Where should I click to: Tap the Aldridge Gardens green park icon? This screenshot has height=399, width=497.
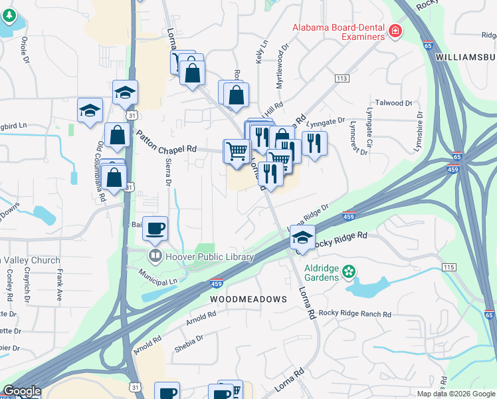coord(349,272)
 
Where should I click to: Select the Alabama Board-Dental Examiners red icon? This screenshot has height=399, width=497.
coord(395,31)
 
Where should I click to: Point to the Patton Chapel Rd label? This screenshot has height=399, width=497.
coord(167,141)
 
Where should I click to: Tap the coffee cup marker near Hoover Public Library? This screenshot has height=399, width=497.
coord(155,229)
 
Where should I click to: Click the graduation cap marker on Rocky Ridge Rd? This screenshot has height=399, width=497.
coord(302,237)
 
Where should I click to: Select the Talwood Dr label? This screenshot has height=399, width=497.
coord(395,103)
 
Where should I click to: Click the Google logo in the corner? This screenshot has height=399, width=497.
coord(22,392)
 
